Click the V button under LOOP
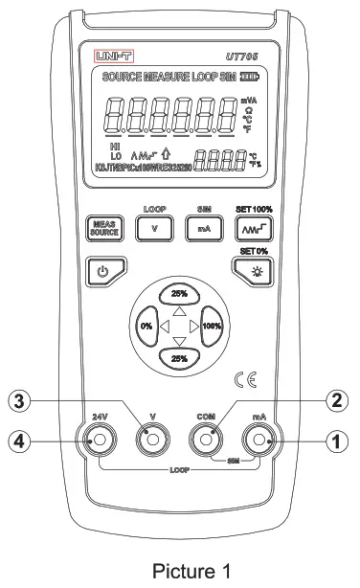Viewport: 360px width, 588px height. pyautogui.click(x=154, y=229)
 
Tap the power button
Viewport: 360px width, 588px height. pyautogui.click(x=105, y=269)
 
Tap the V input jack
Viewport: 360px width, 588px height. pyautogui.click(x=151, y=441)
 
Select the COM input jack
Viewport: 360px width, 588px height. pyautogui.click(x=206, y=441)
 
